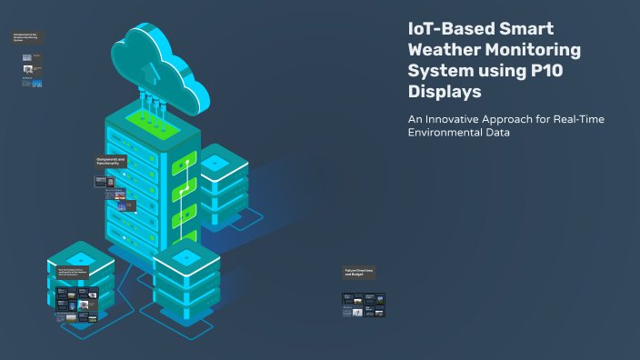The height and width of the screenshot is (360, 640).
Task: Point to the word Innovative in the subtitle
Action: coord(459,120)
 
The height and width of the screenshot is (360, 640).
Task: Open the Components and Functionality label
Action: coord(111,162)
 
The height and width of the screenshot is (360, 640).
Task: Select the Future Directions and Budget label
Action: coord(358,273)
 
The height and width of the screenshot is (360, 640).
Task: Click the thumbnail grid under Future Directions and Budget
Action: coord(364,305)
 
